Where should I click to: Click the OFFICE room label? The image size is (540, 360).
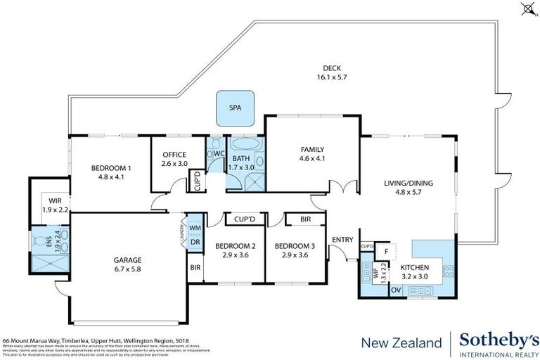point(174,159)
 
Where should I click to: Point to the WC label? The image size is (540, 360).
point(218,153)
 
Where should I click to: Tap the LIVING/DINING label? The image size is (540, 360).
point(408,188)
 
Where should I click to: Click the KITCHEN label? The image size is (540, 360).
point(414,268)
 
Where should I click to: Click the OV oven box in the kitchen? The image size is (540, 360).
point(396,290)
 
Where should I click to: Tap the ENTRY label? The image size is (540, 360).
point(342,240)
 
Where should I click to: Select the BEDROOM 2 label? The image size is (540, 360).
point(235,250)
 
